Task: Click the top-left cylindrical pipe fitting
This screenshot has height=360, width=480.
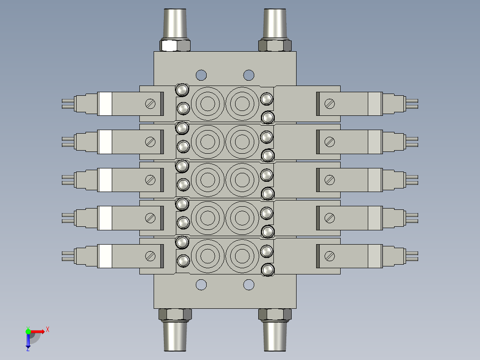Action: (x=175, y=24)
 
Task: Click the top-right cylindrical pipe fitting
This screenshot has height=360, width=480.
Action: (x=275, y=24)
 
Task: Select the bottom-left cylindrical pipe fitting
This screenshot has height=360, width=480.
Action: (x=175, y=336)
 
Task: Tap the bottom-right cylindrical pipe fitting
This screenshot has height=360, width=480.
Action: (x=275, y=336)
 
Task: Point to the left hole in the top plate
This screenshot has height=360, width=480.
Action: (x=201, y=75)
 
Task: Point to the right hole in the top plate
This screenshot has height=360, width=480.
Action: (x=248, y=75)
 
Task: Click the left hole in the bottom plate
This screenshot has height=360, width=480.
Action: (x=201, y=285)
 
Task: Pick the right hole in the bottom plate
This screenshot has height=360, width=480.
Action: (x=248, y=285)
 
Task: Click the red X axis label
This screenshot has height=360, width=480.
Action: (x=48, y=330)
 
